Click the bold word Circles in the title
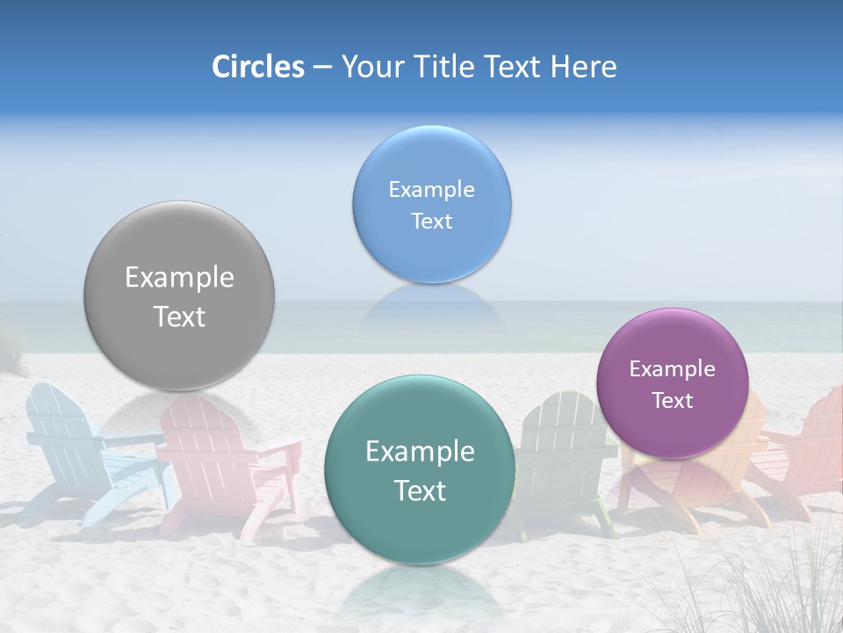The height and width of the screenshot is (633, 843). [x=257, y=67]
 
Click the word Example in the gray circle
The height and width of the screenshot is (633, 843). [x=179, y=278]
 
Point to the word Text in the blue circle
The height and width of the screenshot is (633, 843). [x=431, y=221]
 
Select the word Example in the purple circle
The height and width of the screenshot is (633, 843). [x=672, y=369]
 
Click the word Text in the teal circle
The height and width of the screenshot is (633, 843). [x=420, y=491]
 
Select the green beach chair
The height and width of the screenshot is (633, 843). [x=558, y=448]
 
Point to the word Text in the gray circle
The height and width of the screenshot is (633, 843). [x=179, y=316]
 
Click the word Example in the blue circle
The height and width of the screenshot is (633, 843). [x=431, y=190]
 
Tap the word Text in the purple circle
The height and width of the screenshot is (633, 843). [x=672, y=401]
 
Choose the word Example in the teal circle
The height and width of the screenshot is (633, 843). [x=420, y=452]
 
